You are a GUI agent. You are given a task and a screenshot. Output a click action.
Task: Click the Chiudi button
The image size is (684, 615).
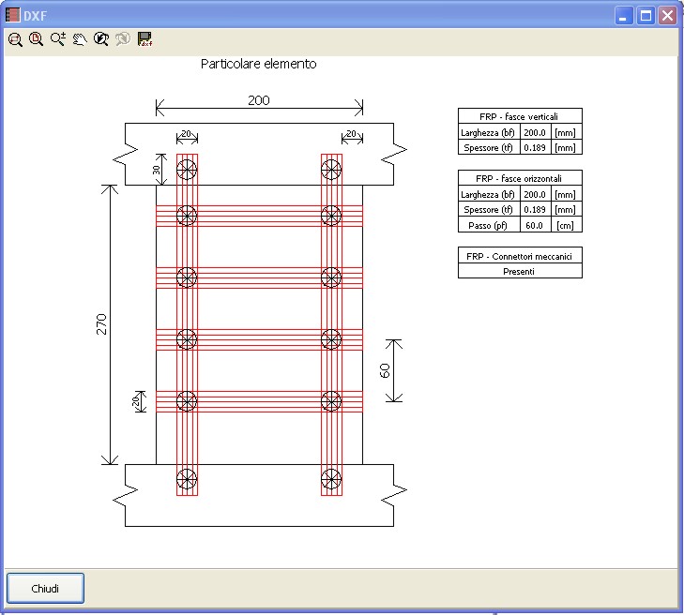(x=45, y=589)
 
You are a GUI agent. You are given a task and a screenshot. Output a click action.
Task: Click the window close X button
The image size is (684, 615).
(x=667, y=16)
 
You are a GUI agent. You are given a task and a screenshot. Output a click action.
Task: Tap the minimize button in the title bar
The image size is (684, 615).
(x=624, y=16)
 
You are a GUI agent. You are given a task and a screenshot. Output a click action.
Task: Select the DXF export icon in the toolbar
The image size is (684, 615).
(x=144, y=39)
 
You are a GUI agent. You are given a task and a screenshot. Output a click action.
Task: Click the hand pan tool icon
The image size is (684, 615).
(x=80, y=39)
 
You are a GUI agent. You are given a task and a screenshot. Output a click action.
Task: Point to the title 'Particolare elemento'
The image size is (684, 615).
(x=259, y=64)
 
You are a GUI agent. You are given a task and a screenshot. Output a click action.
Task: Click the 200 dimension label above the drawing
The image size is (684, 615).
(x=259, y=100)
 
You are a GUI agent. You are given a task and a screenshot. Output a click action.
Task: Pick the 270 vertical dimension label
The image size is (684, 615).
(x=101, y=324)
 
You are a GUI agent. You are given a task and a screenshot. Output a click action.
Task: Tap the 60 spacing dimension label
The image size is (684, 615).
(x=385, y=371)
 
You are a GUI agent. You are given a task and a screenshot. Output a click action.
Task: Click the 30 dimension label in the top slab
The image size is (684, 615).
(x=156, y=170)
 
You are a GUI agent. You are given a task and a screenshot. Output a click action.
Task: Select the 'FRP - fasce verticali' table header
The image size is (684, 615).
(x=520, y=116)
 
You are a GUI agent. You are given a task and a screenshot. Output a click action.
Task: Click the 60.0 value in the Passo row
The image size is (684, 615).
(x=535, y=225)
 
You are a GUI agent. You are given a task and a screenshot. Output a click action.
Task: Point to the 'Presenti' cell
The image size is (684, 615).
(x=520, y=272)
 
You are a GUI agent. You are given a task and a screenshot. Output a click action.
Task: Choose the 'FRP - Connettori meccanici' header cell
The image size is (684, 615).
(x=520, y=256)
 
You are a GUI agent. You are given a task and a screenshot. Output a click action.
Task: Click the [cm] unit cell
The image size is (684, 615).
(x=566, y=225)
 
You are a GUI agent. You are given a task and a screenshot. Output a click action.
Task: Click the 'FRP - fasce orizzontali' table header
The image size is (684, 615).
(x=520, y=178)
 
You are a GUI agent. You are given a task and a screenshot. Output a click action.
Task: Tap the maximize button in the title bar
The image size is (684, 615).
(x=646, y=16)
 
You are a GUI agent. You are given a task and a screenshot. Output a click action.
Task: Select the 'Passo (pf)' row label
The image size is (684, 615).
(x=488, y=225)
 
